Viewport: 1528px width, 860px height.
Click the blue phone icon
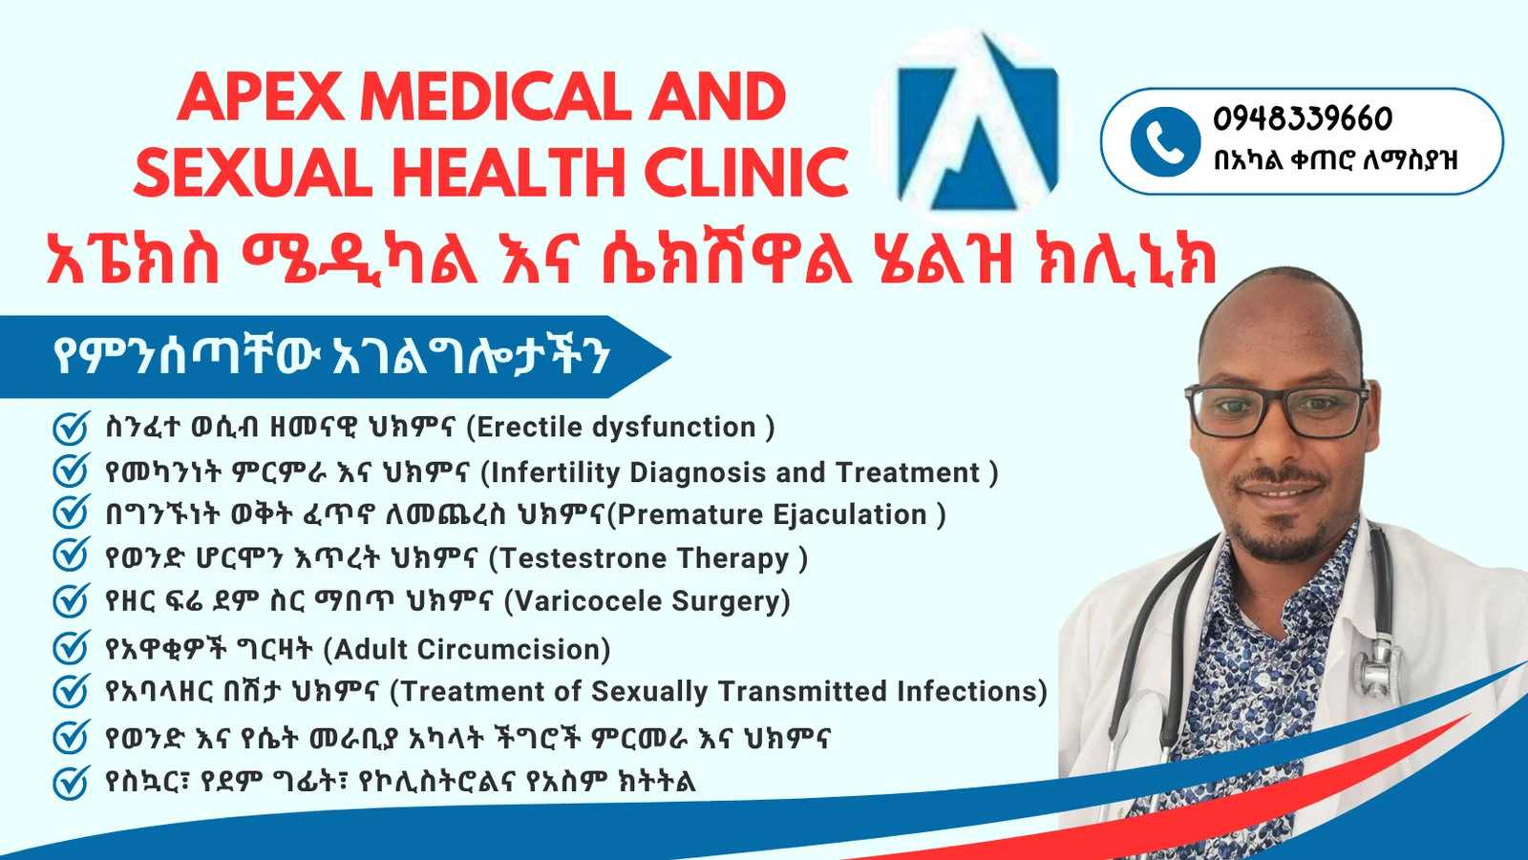click(x=1165, y=142)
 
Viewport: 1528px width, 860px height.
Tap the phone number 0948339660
click(x=1303, y=119)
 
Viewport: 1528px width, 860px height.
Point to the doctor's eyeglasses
click(x=1277, y=411)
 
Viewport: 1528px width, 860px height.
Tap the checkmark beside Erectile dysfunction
click(x=71, y=428)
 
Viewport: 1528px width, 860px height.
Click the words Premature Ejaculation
click(x=773, y=514)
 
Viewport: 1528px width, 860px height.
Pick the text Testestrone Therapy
click(x=646, y=558)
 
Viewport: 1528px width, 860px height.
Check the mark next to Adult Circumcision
click(x=71, y=647)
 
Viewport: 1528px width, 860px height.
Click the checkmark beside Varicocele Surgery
click(x=71, y=600)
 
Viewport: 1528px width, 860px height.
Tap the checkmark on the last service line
click(x=71, y=783)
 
